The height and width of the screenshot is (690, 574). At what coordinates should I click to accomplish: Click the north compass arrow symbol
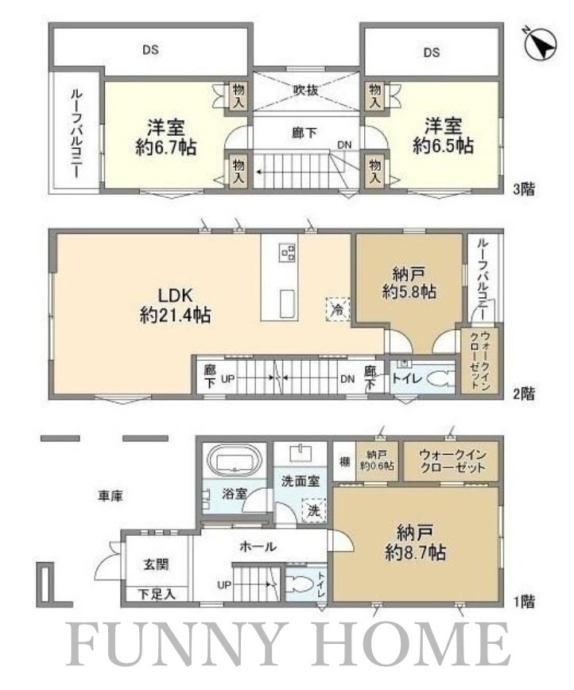(x=541, y=44)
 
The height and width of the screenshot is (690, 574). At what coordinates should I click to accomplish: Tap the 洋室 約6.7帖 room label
(x=166, y=136)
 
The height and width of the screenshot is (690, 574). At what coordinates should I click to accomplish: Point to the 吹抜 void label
(x=305, y=90)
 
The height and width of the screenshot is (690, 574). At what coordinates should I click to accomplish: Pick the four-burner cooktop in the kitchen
(x=287, y=253)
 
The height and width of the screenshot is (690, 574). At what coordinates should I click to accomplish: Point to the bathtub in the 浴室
(x=235, y=463)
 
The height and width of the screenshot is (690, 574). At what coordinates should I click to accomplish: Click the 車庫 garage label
(x=111, y=496)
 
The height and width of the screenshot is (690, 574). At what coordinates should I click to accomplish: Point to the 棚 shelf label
(x=343, y=462)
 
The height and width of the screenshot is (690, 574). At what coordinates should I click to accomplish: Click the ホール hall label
(x=258, y=546)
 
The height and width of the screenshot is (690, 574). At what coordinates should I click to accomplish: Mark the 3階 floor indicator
(x=523, y=189)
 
